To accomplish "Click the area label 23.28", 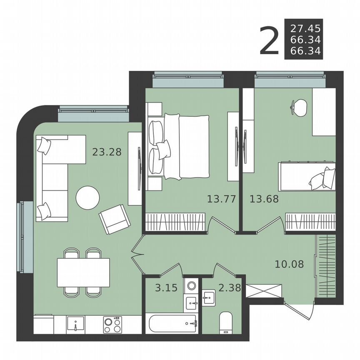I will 107,152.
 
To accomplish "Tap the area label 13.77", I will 221,199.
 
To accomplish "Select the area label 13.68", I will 264,199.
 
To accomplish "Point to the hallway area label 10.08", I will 289,264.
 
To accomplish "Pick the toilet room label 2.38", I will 229,288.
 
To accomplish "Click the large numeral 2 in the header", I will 269,40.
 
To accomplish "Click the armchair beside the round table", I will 115,219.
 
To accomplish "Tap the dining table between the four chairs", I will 83,272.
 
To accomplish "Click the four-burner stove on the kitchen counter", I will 113,325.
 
